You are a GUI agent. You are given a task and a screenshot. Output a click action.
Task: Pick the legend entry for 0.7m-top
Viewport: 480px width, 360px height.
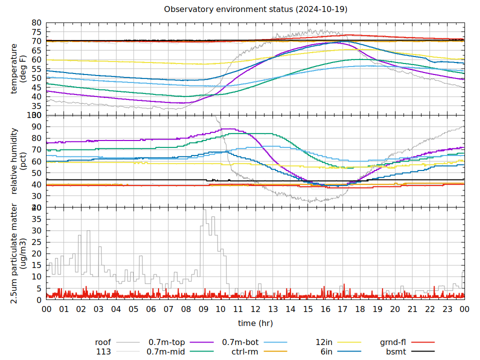[166, 342]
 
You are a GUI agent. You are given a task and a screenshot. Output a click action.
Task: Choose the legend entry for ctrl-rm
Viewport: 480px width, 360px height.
[245, 352]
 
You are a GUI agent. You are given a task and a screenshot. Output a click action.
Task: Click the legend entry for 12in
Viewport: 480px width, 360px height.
[325, 342]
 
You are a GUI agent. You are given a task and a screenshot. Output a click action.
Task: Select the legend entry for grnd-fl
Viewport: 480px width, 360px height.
[392, 342]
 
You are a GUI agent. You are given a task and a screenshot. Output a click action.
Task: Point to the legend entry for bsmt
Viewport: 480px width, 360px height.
[396, 352]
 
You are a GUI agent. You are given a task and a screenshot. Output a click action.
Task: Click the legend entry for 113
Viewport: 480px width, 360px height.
[103, 352]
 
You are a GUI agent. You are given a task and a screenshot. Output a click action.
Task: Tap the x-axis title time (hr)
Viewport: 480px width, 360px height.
[255, 323]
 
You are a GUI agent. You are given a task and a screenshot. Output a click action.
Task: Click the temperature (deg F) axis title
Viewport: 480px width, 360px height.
[18, 68]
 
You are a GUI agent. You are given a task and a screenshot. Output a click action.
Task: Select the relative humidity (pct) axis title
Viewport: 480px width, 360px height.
[18, 161]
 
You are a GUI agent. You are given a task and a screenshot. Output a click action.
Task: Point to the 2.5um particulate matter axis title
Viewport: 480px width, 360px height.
[18, 253]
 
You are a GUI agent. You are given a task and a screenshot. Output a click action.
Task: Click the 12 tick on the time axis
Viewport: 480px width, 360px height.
[255, 309]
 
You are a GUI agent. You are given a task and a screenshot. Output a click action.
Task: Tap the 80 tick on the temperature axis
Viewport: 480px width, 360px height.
[36, 23]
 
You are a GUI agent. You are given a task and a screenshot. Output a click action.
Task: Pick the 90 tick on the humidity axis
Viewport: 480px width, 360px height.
[36, 126]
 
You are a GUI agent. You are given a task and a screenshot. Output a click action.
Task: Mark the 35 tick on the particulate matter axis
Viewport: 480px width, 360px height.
[36, 219]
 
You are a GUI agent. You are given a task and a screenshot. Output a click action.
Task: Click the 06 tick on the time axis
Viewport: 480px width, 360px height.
[151, 309]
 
